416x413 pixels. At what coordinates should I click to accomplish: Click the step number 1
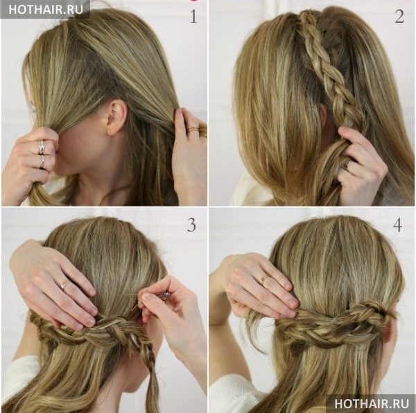[x=193, y=17]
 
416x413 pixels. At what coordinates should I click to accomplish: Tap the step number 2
[x=399, y=16]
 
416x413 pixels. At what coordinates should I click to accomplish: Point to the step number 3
[x=191, y=225]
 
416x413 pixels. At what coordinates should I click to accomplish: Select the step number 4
[x=397, y=225]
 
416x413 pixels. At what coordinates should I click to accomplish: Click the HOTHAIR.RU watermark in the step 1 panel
[x=46, y=10]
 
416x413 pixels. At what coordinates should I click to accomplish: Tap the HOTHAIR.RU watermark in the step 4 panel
[x=372, y=403]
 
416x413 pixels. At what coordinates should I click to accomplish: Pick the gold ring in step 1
[x=193, y=129]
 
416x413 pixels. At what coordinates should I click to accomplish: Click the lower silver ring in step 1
[x=42, y=161]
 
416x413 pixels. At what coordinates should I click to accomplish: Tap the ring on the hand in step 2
[x=347, y=164]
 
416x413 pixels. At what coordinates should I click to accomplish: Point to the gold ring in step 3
[x=65, y=284]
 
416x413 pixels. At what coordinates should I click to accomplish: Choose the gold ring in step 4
[x=264, y=279]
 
